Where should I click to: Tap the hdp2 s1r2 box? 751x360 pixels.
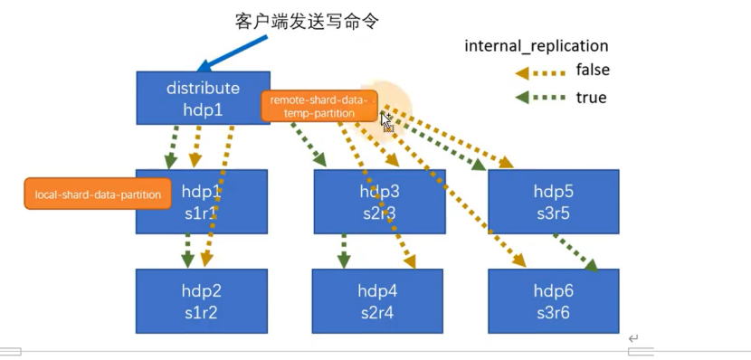click(201, 301)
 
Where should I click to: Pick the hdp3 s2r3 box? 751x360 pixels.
click(379, 201)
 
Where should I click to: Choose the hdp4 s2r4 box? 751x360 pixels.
click(377, 301)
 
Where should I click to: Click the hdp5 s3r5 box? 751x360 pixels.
click(553, 201)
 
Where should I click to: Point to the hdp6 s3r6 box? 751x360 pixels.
click(553, 301)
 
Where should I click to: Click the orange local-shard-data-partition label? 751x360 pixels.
click(98, 194)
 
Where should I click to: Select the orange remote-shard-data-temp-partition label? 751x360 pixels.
click(318, 106)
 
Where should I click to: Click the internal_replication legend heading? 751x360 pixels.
click(536, 45)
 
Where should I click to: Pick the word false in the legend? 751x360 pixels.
click(593, 71)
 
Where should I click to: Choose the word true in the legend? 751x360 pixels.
click(590, 97)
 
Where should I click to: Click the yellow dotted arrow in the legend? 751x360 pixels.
click(539, 72)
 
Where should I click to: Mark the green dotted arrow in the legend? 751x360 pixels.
click(539, 98)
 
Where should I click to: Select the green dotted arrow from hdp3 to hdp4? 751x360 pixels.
click(344, 251)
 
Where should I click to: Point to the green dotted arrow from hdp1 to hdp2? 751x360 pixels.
click(187, 251)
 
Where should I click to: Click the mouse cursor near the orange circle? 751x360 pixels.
click(385, 120)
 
